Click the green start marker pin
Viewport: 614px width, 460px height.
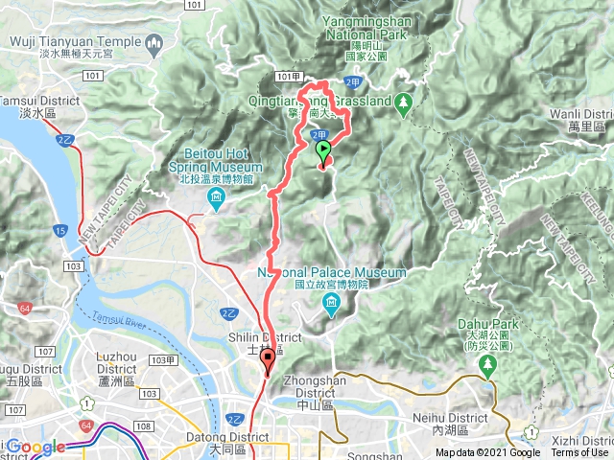point(323,150)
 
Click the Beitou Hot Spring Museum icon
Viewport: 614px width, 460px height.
point(215,198)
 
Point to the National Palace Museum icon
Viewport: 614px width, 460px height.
point(331,306)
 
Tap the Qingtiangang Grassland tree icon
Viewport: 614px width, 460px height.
point(405,101)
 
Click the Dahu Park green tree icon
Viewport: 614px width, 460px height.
point(488,364)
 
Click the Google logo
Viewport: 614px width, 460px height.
point(35,447)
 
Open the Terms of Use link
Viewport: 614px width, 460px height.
point(579,453)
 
